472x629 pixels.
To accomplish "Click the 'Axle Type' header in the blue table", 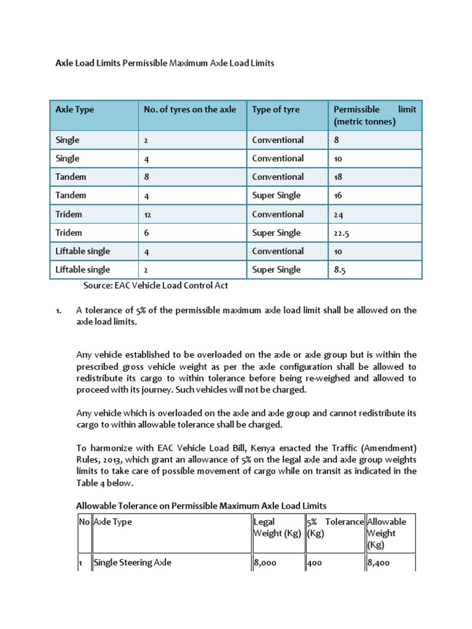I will [74, 109].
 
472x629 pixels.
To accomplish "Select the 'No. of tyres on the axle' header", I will [189, 109].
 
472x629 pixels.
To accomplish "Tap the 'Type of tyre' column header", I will [276, 109].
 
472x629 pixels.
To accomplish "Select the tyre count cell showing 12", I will [147, 215].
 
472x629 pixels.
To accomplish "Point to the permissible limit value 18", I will [338, 178].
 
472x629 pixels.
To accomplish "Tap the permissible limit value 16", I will [338, 196].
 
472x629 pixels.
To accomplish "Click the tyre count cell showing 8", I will [146, 178].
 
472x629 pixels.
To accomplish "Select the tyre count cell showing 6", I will [146, 233].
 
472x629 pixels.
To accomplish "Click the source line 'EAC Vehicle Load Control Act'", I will [156, 285].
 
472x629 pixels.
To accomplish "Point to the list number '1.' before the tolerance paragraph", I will [58, 311].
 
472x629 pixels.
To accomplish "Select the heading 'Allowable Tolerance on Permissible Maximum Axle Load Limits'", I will [201, 506].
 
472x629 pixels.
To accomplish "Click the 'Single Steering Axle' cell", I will [132, 563].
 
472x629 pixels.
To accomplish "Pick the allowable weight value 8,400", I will [378, 563].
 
